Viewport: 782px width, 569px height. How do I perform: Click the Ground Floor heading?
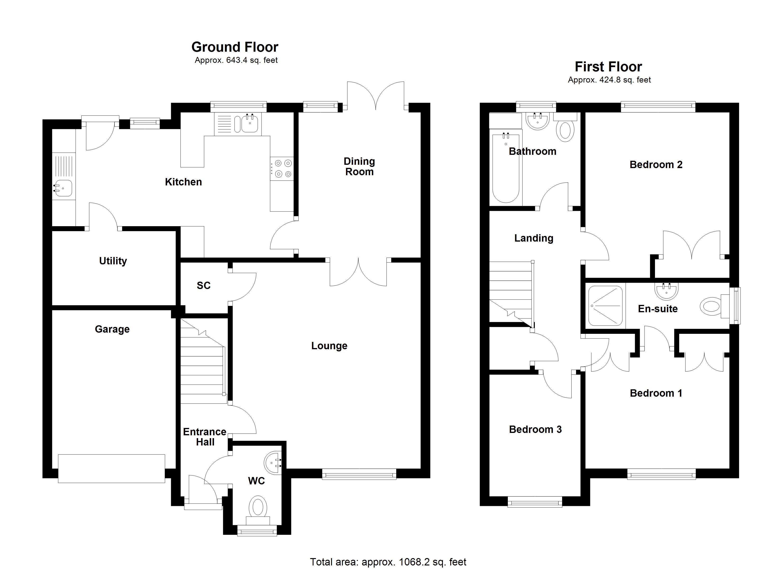tap(235, 47)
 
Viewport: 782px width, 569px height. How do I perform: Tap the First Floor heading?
tap(608, 67)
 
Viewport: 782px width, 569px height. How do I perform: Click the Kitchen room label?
tap(183, 182)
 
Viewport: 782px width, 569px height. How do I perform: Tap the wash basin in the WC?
tap(273, 462)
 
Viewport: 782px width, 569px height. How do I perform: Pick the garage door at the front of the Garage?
tap(111, 468)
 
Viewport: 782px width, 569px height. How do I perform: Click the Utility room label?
tap(113, 261)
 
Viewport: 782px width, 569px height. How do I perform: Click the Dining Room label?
tap(359, 166)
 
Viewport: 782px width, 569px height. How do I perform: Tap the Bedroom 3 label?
tap(535, 429)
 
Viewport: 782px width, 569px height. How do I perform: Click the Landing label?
tap(534, 238)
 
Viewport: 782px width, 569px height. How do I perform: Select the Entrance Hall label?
tap(205, 437)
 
